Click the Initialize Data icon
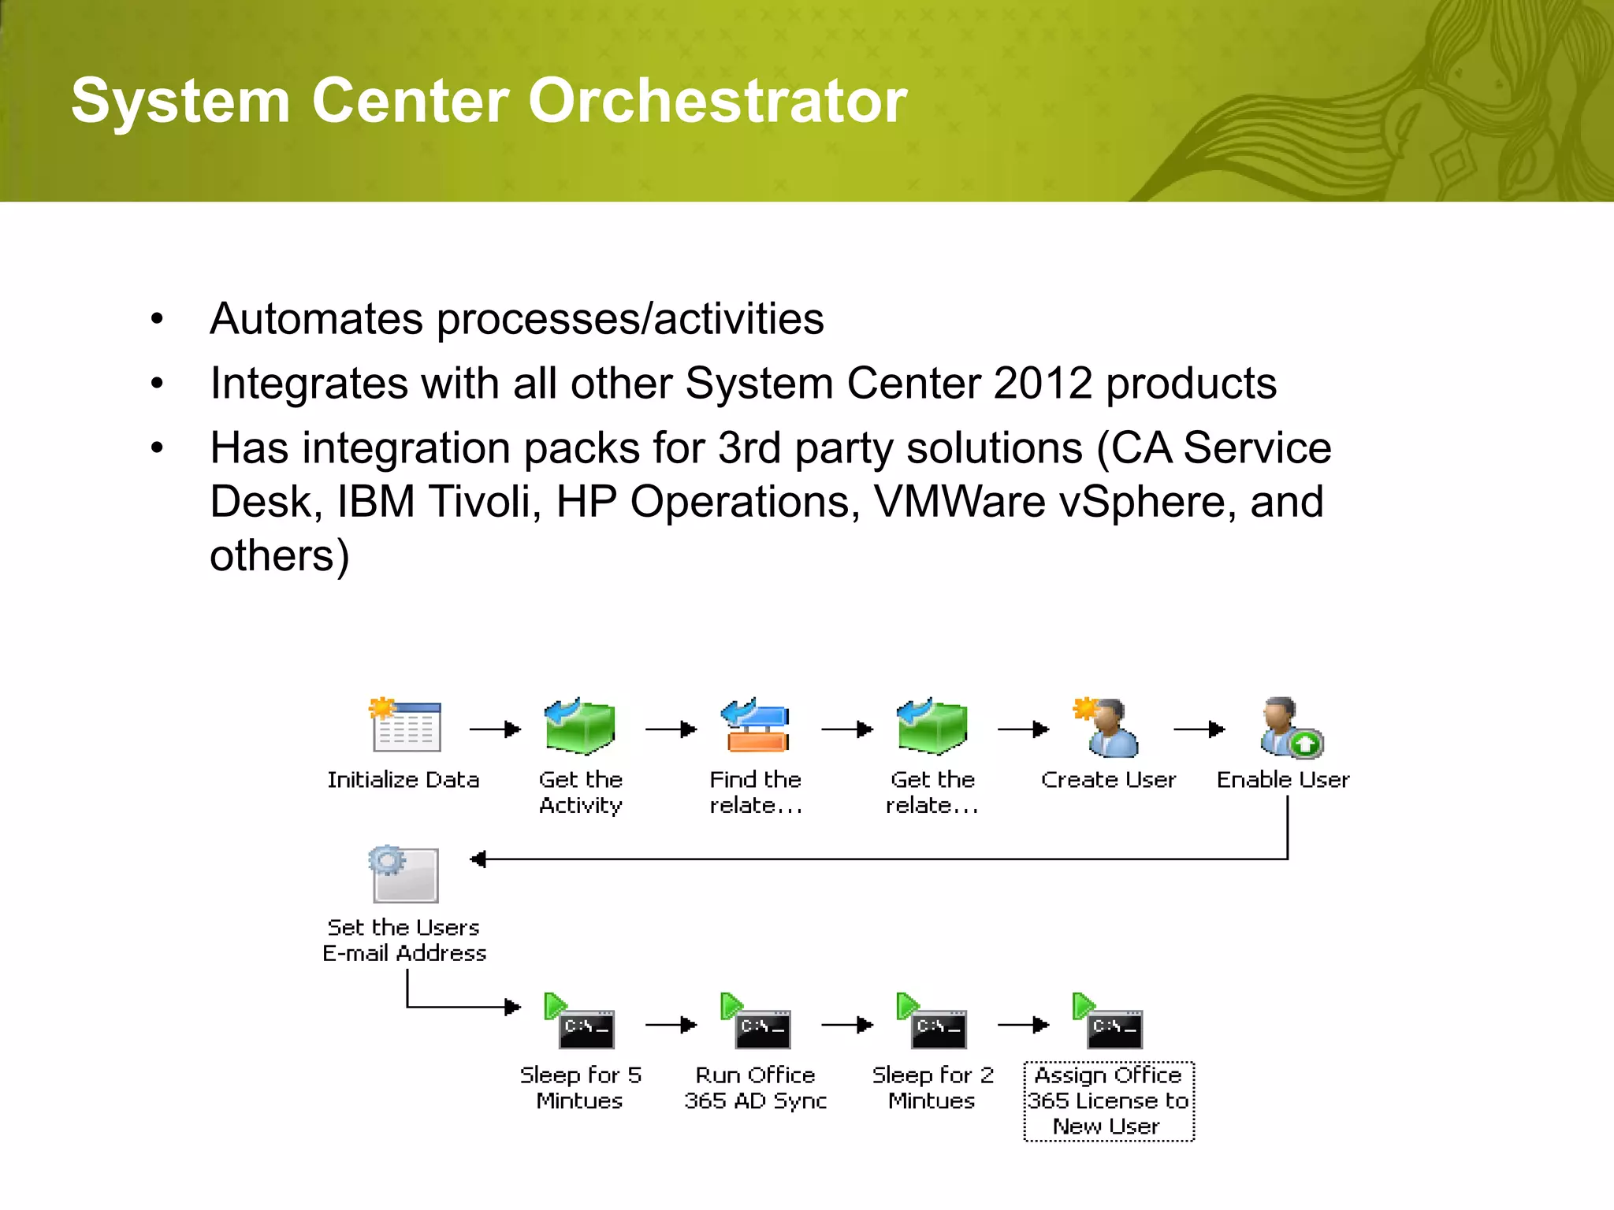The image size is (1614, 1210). coord(405,726)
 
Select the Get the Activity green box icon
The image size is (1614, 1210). coord(580,726)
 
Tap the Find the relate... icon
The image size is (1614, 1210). coord(755,726)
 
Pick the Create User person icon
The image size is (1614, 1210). coord(1108,728)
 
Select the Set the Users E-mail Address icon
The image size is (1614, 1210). coord(404,874)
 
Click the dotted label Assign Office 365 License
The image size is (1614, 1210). coord(1108,1101)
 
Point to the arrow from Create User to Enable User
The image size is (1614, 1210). coord(1199,729)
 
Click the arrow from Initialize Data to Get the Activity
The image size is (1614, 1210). coord(495,729)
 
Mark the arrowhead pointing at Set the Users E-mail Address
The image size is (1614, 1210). coord(478,859)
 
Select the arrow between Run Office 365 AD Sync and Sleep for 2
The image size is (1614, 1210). coord(847,1025)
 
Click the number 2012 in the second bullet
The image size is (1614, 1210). coord(1043,384)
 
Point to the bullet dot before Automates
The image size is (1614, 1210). coord(158,319)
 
